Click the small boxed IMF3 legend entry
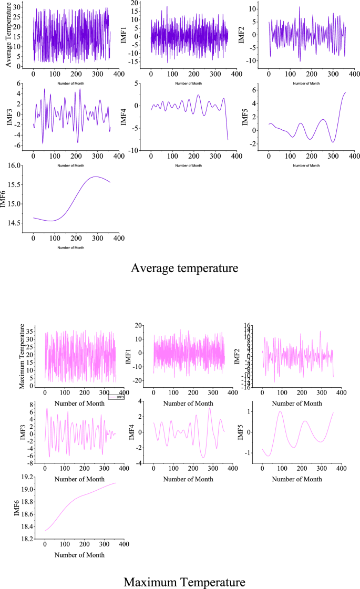coord(116,397)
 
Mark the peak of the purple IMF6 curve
coord(95,177)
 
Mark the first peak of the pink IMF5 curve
coord(280,411)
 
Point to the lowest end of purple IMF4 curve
coord(228,140)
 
